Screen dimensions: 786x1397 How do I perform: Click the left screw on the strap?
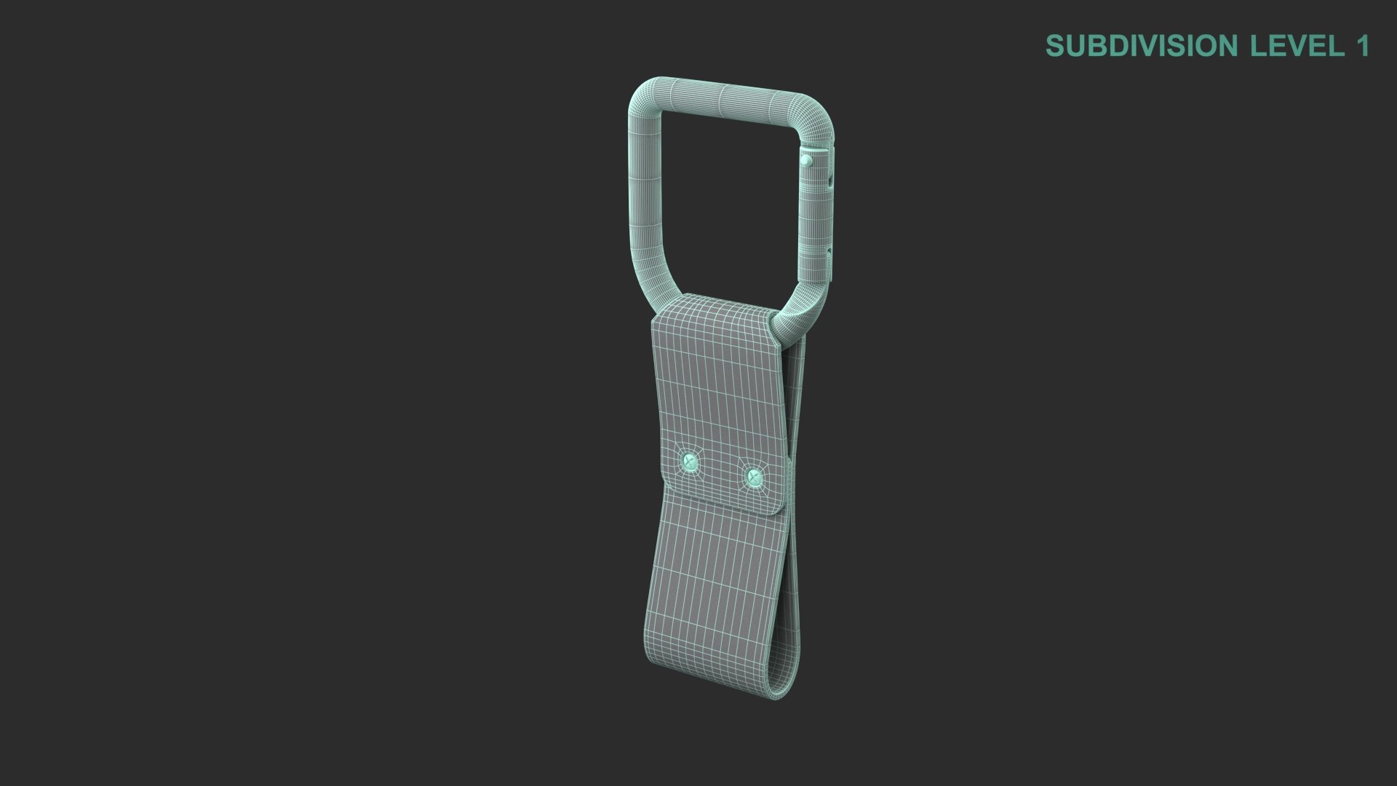688,461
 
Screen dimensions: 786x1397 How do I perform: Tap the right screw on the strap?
754,478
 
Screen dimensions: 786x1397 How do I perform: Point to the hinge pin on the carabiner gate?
807,159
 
